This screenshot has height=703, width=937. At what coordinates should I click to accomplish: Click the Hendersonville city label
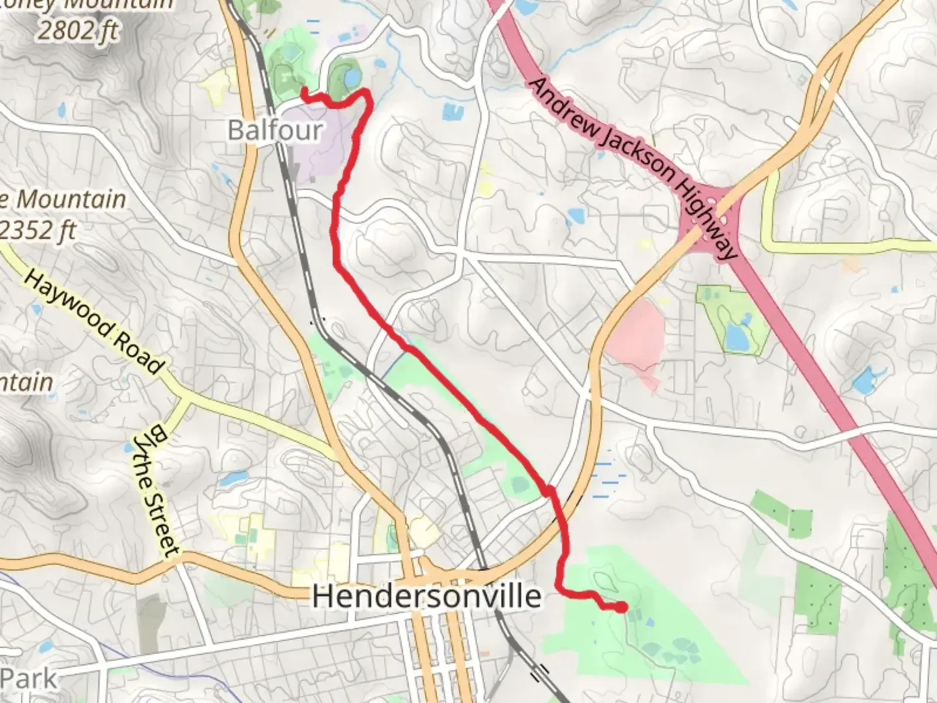tap(426, 596)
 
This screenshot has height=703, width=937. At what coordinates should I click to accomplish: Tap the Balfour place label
tap(275, 130)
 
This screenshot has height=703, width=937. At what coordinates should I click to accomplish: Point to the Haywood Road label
tap(93, 322)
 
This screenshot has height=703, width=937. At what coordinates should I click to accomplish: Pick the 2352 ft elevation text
tap(39, 230)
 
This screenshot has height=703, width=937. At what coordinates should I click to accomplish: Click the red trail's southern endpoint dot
tap(623, 607)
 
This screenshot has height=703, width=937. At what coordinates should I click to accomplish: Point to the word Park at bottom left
tap(29, 679)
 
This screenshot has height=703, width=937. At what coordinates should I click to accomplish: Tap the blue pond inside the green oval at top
tap(351, 79)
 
